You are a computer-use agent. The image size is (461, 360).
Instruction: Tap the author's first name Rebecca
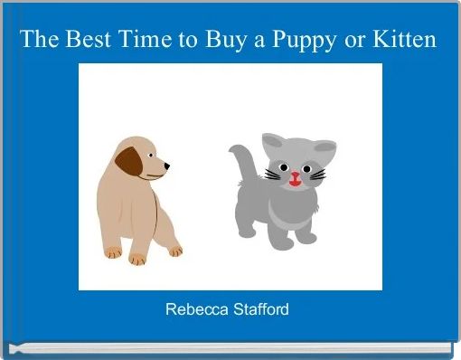coord(193,309)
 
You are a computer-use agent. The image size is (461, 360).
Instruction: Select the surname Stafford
coord(258,309)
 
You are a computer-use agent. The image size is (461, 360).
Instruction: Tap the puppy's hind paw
coord(113,251)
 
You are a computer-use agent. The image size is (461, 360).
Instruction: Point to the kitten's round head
coord(293,166)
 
